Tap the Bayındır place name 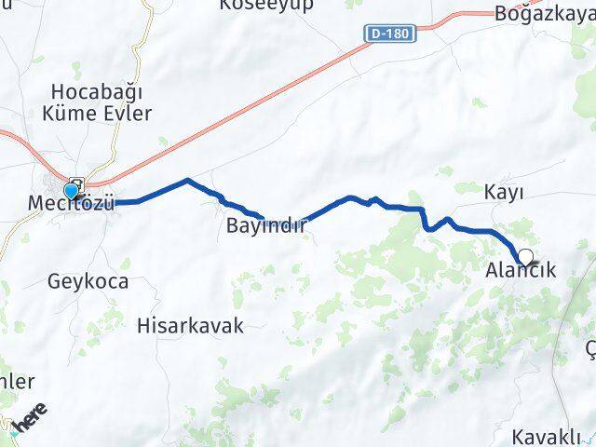coord(266,225)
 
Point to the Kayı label coord(504,192)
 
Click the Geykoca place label coord(88,280)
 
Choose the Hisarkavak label coord(190,325)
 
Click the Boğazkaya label coord(544,14)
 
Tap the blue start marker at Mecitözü coord(71,191)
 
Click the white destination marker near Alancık coord(526,257)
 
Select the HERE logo coord(25,421)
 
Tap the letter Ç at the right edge coord(589,347)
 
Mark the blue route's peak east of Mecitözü coord(188,181)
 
